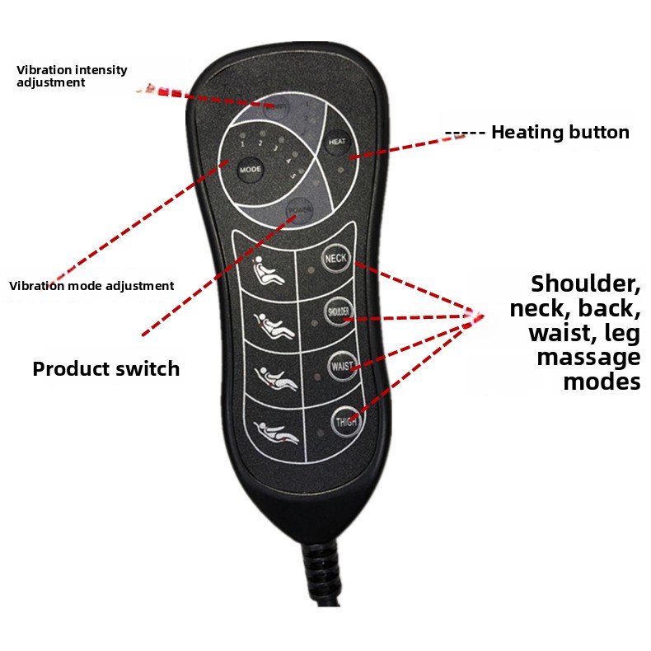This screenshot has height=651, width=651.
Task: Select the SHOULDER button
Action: pos(339,311)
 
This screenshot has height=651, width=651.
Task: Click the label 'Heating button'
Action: pos(560,133)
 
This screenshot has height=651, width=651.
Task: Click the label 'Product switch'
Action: pos(105,368)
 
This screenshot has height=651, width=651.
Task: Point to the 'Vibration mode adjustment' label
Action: pos(91,286)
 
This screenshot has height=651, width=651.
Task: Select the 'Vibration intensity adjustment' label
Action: pos(72,76)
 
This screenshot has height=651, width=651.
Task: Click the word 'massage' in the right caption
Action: pos(588,358)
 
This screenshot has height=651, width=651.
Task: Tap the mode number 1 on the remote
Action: pos(243,143)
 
